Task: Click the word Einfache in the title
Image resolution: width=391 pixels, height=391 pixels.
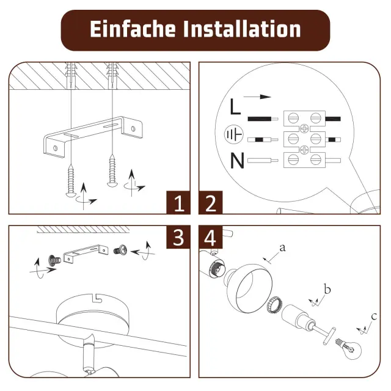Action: (x=133, y=29)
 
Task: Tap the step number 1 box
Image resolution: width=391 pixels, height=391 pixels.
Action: (x=178, y=202)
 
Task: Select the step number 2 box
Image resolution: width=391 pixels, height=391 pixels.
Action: (x=211, y=202)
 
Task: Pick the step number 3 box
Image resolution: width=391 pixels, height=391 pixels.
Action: (x=178, y=237)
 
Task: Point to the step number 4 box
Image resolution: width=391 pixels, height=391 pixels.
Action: (x=211, y=237)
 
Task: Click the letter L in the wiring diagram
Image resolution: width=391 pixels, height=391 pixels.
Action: (x=235, y=106)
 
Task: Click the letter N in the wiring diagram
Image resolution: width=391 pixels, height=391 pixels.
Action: (x=237, y=160)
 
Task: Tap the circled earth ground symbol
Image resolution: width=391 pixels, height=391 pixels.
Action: (x=233, y=134)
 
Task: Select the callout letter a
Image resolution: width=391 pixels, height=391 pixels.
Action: (x=282, y=247)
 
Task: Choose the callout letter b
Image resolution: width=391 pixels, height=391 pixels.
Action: (x=327, y=289)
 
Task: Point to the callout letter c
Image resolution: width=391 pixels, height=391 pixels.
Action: (x=374, y=316)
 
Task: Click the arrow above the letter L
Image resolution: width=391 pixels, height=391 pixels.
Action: (x=257, y=97)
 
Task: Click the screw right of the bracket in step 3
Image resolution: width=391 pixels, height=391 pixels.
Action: (x=120, y=250)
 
